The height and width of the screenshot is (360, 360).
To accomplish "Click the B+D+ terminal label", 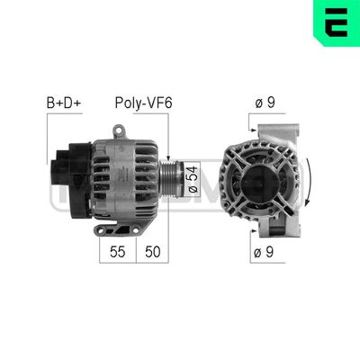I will (x=64, y=103).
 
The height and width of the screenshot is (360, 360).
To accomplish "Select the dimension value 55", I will (x=117, y=253).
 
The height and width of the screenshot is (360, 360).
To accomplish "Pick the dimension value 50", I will (x=153, y=253).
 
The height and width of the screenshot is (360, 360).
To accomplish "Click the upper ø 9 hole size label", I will (x=265, y=103).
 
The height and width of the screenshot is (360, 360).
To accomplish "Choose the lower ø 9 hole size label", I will (x=265, y=253).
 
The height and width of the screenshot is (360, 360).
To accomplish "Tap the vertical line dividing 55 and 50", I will (x=135, y=247).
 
